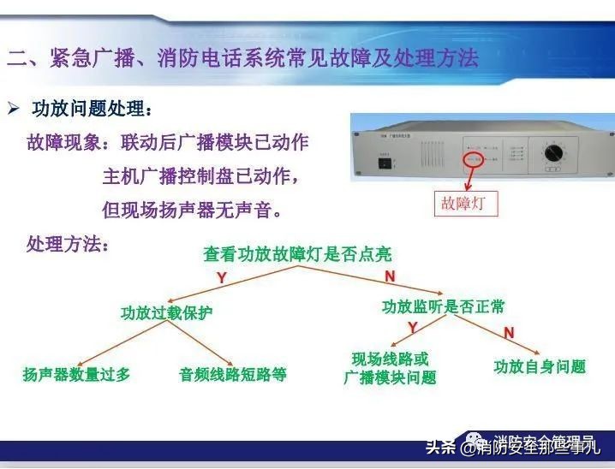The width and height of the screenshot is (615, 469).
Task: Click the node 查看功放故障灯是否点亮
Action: (297, 253)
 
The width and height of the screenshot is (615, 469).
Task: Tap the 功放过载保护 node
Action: (166, 312)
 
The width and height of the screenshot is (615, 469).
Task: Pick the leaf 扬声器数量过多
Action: (76, 374)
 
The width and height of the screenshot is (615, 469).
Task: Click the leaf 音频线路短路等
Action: (232, 374)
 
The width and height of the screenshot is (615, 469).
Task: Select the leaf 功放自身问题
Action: (540, 366)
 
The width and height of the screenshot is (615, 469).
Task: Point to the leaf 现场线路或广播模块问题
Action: (390, 368)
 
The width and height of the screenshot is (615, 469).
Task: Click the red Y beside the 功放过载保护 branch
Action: (221, 278)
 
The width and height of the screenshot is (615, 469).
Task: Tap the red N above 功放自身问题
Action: (508, 332)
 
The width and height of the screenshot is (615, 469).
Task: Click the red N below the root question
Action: (390, 276)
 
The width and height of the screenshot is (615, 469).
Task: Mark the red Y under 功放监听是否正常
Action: (412, 328)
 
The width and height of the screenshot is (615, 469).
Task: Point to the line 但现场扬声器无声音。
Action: (192, 210)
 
